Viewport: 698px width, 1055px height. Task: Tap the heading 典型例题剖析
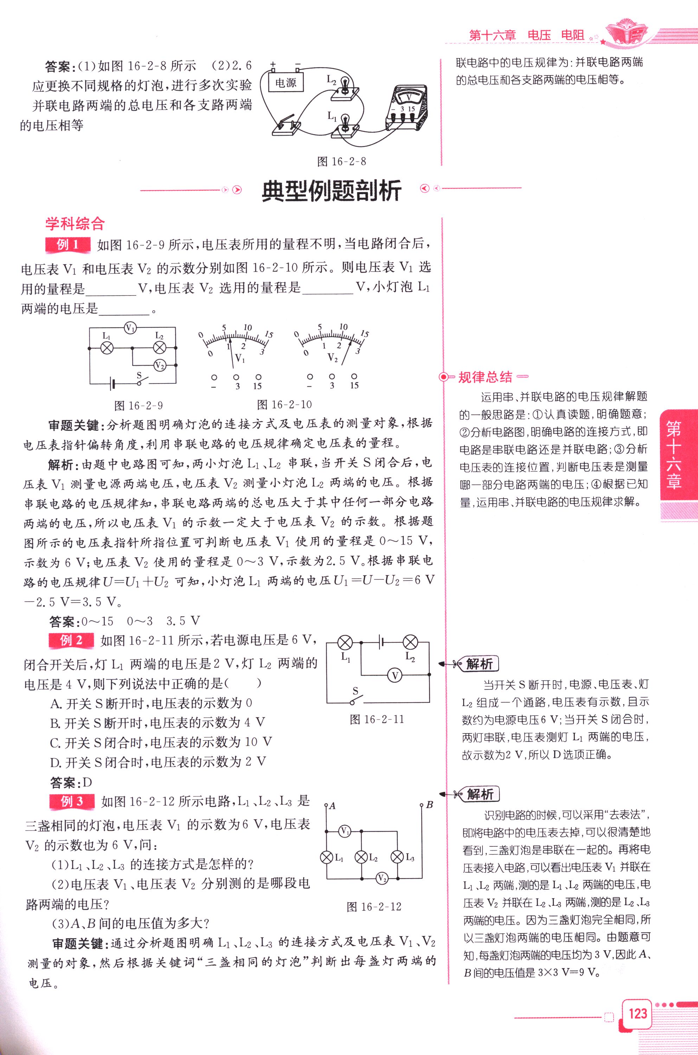tap(332, 191)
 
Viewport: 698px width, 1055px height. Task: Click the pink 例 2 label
tap(71, 640)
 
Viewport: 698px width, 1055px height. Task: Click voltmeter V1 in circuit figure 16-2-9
tap(130, 329)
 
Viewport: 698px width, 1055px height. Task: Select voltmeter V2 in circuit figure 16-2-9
tap(159, 366)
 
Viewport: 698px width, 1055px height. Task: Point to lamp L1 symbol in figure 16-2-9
tap(107, 348)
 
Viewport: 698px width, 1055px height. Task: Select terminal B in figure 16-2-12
tap(422, 805)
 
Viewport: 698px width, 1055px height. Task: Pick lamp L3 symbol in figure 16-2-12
tap(397, 857)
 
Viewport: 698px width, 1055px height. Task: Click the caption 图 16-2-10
tap(284, 404)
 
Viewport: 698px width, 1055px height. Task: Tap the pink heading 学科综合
tap(75, 223)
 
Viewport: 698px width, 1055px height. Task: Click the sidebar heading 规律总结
tap(485, 377)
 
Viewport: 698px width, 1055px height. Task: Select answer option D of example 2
tap(158, 762)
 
